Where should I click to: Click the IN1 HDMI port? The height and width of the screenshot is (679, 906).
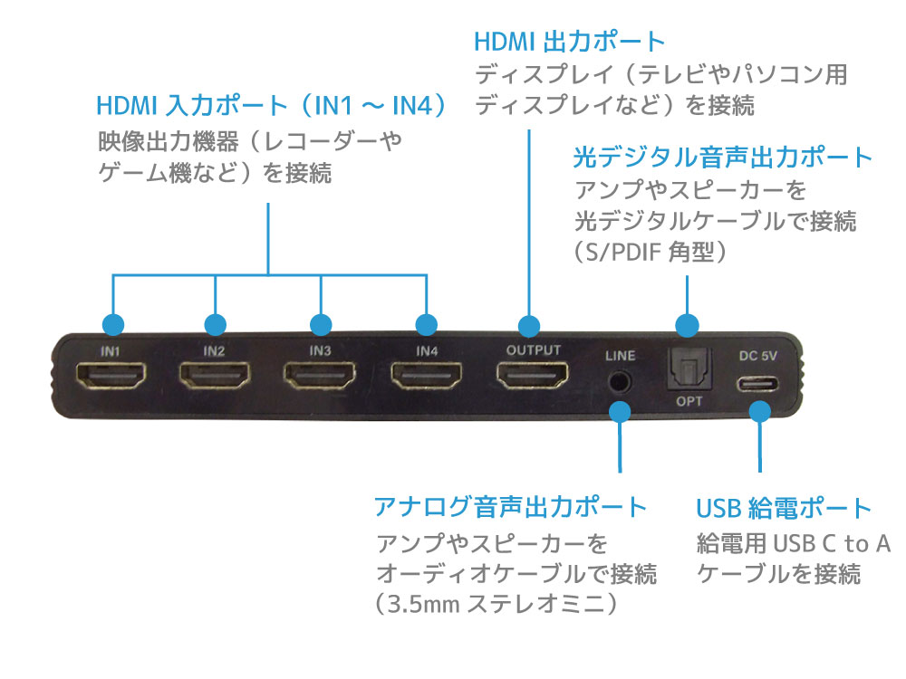pos(111,376)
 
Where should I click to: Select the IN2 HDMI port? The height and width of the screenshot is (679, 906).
pos(215,376)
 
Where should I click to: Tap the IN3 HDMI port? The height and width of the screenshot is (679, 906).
pos(320,376)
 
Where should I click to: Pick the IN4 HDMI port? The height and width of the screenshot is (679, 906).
pos(427,376)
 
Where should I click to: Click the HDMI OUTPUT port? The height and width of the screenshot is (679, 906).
pos(533,375)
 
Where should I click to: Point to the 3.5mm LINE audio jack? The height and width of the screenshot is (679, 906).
pos(620,382)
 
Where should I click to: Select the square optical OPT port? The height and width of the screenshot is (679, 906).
pos(689,369)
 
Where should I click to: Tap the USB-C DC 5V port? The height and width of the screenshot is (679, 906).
pos(757,384)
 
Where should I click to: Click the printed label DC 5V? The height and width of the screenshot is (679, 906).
pos(758,356)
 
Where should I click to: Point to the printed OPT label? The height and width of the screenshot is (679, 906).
pos(689,401)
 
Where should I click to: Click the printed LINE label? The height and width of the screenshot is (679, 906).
pos(620,356)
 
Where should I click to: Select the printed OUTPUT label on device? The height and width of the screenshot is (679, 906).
pos(534,349)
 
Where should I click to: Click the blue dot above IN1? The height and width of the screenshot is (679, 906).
pos(113,324)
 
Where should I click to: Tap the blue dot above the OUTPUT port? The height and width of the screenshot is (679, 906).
pos(529,326)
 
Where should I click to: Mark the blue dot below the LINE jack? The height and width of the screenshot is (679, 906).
pos(620,412)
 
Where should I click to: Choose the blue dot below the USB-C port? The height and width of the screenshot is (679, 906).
pos(760,412)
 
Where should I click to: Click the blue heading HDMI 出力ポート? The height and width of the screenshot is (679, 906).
pos(570,42)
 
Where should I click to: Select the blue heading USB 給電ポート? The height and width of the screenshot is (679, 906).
pos(784,508)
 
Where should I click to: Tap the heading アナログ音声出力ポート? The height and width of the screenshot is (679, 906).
pos(511,507)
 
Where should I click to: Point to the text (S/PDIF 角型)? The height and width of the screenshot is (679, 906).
pos(650,253)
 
